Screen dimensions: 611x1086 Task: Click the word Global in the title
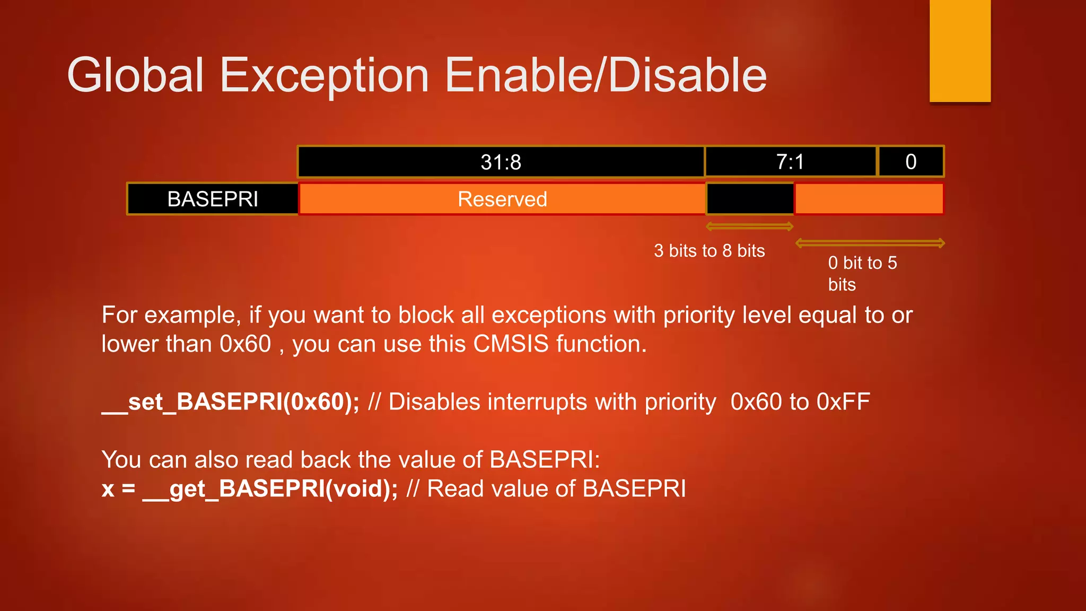pyautogui.click(x=135, y=75)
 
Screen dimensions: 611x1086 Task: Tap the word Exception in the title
pyautogui.click(x=324, y=75)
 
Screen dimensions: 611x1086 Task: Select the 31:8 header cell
pyautogui.click(x=501, y=162)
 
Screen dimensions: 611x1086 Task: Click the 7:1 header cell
pyautogui.click(x=790, y=162)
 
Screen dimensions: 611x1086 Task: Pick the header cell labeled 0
pyautogui.click(x=911, y=162)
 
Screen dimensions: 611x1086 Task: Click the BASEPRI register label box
pyautogui.click(x=213, y=199)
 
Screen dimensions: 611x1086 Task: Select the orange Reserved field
pyautogui.click(x=502, y=199)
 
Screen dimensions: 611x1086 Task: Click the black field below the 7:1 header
pyautogui.click(x=750, y=199)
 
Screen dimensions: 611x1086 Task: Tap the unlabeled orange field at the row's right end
pyautogui.click(x=869, y=199)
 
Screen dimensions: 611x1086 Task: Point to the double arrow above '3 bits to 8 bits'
pyautogui.click(x=750, y=227)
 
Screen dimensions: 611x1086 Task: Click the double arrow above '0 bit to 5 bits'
pyautogui.click(x=870, y=243)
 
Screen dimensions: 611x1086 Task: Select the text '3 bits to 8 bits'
pyautogui.click(x=710, y=251)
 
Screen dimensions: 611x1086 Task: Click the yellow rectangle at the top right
pyautogui.click(x=960, y=50)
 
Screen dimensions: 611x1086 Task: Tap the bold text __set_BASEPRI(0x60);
pyautogui.click(x=230, y=402)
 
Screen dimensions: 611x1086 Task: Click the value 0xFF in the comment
pyautogui.click(x=843, y=402)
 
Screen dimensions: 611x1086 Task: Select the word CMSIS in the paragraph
pyautogui.click(x=511, y=344)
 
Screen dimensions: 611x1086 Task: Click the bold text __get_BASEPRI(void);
pyautogui.click(x=269, y=488)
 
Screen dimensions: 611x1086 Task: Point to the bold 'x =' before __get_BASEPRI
pyautogui.click(x=118, y=488)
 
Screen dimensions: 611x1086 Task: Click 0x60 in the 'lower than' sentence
pyautogui.click(x=246, y=344)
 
